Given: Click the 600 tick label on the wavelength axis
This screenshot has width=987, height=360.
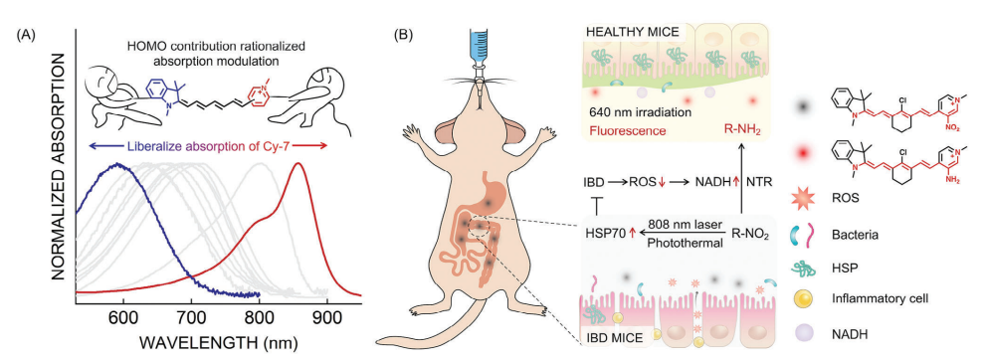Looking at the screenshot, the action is (x=123, y=318).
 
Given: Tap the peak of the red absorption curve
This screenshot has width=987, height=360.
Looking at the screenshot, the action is (x=298, y=163).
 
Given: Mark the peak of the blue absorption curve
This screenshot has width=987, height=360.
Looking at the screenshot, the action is (x=117, y=164).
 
